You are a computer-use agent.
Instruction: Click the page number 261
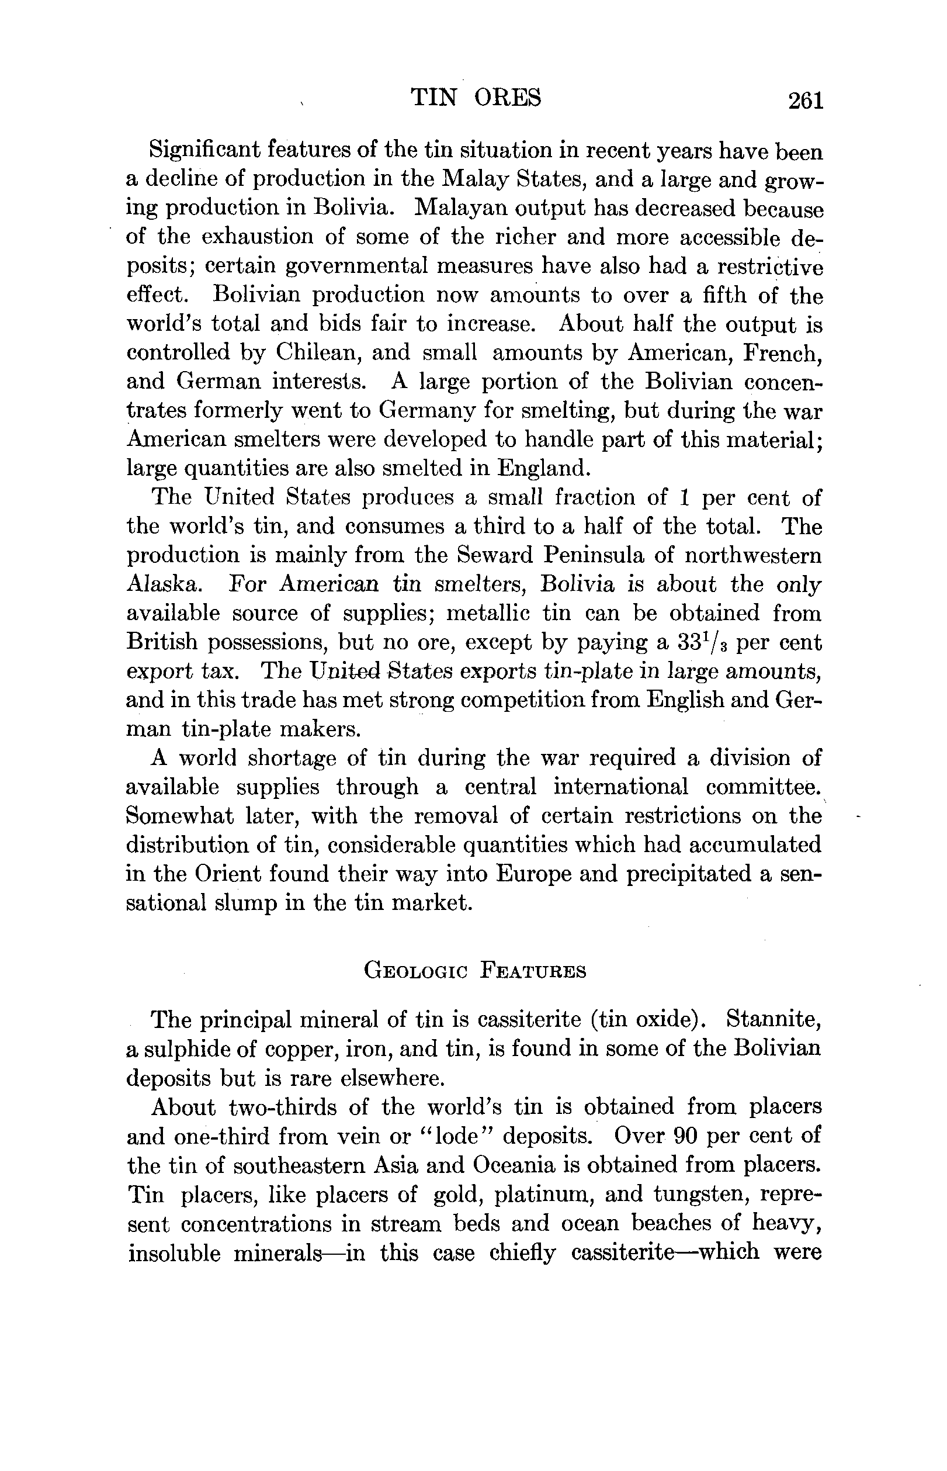click(x=806, y=101)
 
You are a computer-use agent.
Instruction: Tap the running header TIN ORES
click(x=476, y=98)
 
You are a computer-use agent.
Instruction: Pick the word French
click(x=782, y=353)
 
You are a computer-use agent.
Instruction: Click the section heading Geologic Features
click(x=475, y=972)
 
